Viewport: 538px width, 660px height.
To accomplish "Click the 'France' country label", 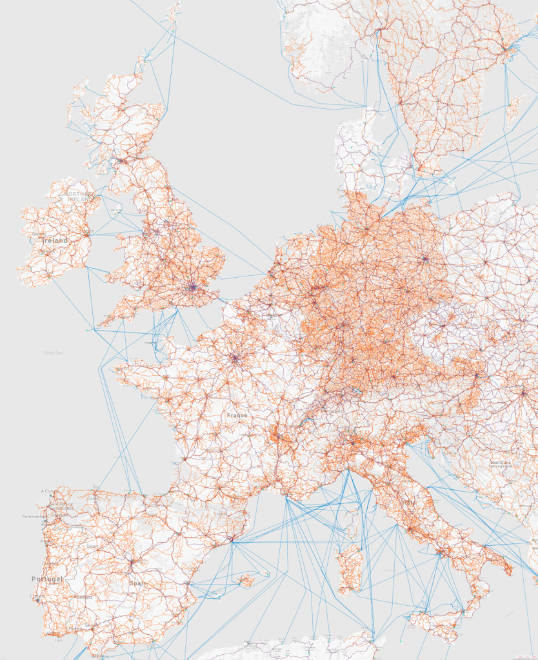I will click(237, 415).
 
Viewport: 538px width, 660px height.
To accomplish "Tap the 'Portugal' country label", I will click(47, 579).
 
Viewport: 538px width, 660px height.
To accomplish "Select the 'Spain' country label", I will click(137, 583).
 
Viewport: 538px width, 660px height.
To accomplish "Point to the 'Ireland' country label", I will click(54, 240).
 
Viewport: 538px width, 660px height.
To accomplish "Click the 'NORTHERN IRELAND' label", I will click(77, 196).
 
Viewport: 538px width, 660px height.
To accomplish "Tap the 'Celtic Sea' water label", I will click(53, 353).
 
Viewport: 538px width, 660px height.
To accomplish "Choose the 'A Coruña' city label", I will click(48, 491).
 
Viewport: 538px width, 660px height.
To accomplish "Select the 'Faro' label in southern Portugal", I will click(59, 640).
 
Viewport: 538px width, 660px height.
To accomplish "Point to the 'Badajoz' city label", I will click(83, 597).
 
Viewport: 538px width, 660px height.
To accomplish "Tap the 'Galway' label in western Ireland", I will click(39, 233).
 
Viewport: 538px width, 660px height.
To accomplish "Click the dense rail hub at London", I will click(192, 287).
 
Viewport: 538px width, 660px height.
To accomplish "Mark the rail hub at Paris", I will click(234, 358).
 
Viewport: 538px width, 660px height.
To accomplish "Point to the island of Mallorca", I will click(246, 581).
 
